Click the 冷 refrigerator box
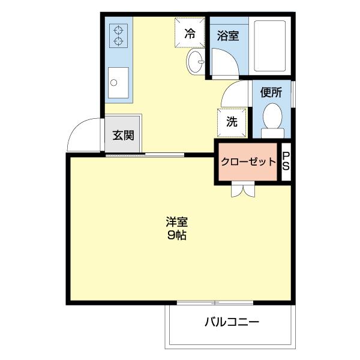[190, 33]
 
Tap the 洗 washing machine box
[231, 121]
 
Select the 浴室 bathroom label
[227, 35]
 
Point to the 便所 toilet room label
[271, 92]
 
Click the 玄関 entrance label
[123, 135]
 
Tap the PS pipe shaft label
[286, 161]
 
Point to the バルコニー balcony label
[231, 322]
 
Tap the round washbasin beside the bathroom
[195, 61]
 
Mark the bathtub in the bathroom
[270, 46]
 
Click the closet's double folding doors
[244, 189]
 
